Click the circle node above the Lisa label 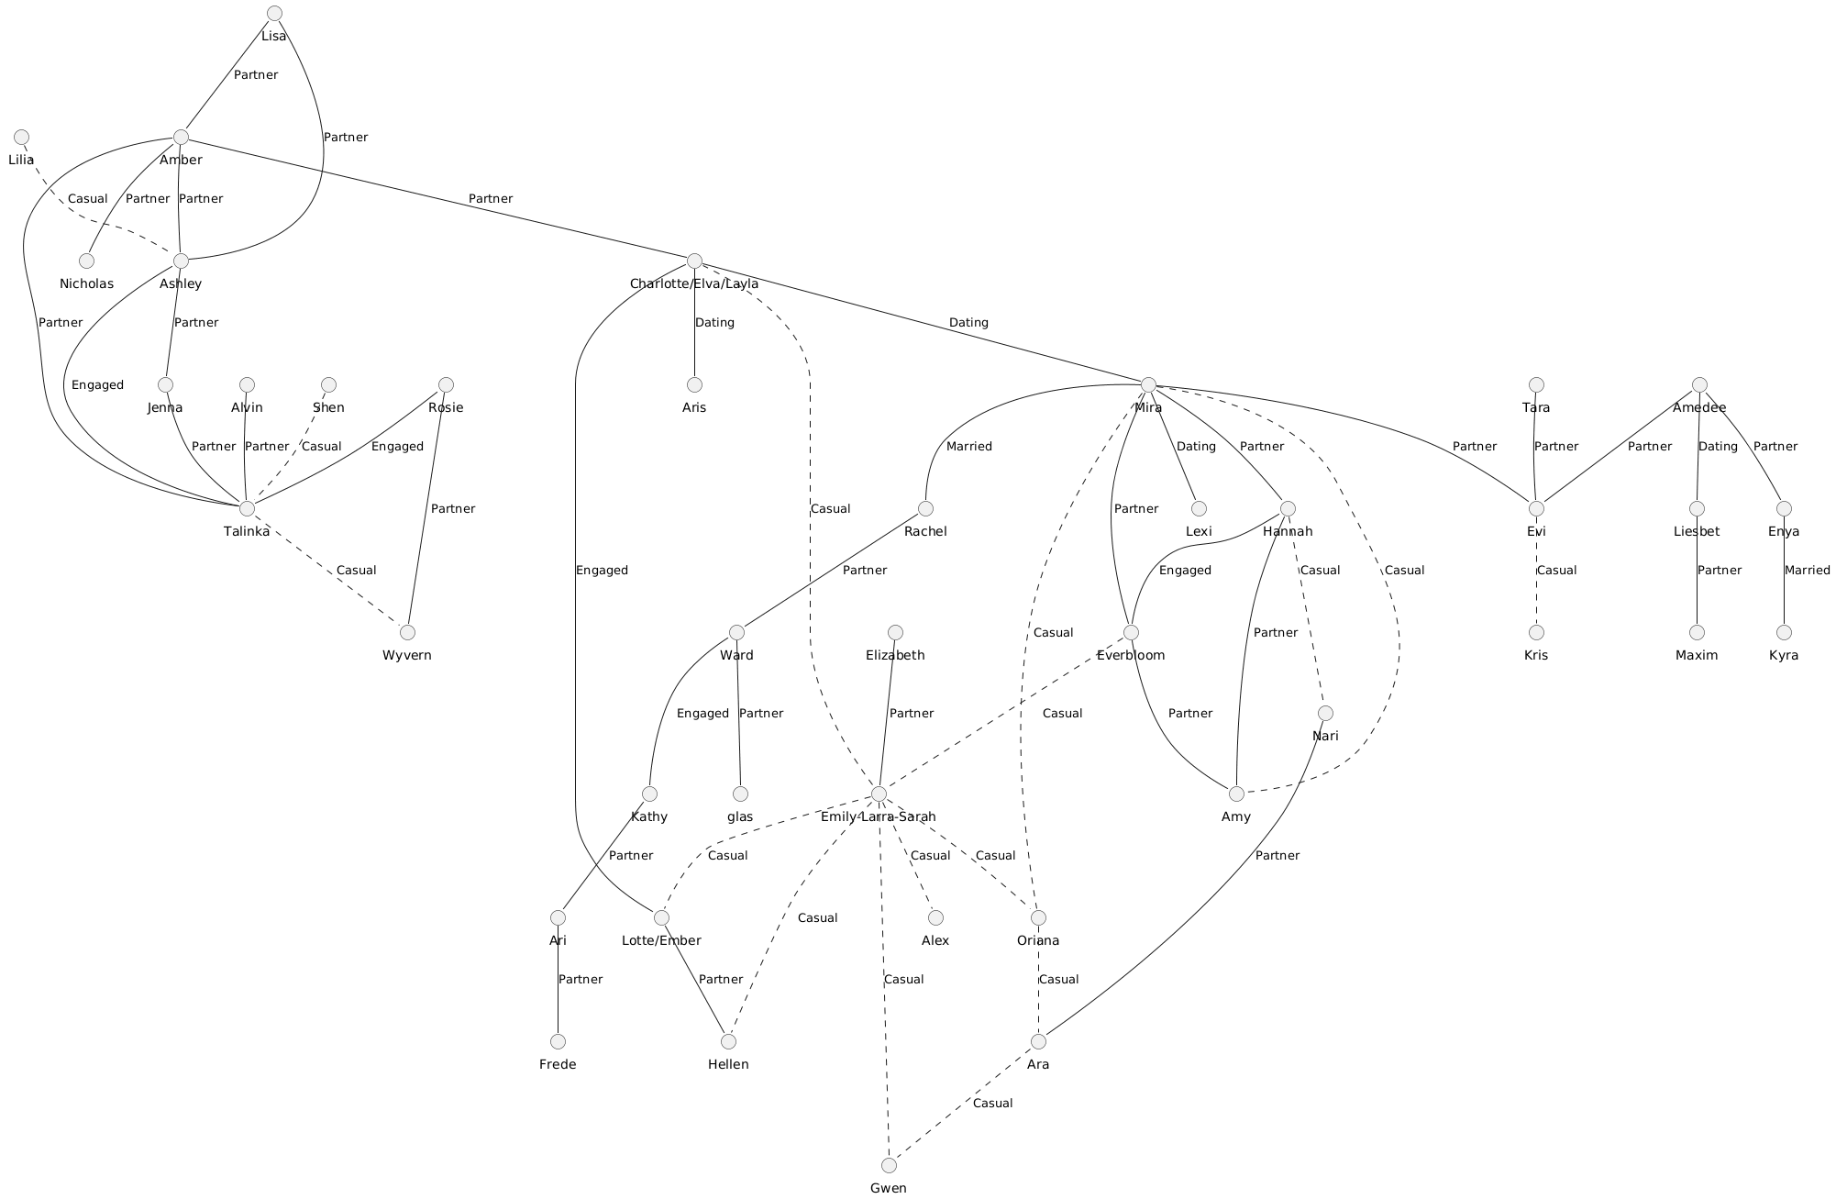click(273, 13)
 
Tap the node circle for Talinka click(246, 508)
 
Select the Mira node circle click(1148, 384)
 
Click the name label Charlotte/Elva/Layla click(694, 283)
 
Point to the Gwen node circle click(888, 1165)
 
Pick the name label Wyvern click(406, 655)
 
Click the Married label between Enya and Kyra click(1807, 570)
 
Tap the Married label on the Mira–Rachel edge click(968, 446)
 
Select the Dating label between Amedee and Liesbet click(1718, 446)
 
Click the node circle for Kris click(1536, 632)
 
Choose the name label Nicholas click(87, 283)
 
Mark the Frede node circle click(558, 1041)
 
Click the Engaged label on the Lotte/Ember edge click(602, 570)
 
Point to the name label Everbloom click(1131, 655)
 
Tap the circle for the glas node click(740, 794)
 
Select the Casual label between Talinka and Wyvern click(356, 570)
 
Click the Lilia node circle click(21, 137)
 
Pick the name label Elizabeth click(895, 655)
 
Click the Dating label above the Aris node click(714, 322)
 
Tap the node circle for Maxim click(1697, 632)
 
